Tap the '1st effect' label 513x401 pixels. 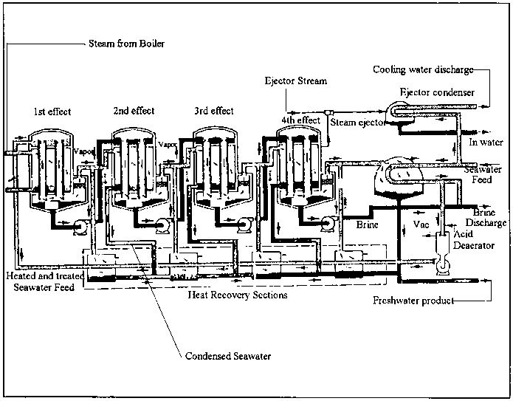click(x=52, y=112)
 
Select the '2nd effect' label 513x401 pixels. click(x=134, y=111)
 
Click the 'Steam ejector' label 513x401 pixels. click(x=357, y=123)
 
